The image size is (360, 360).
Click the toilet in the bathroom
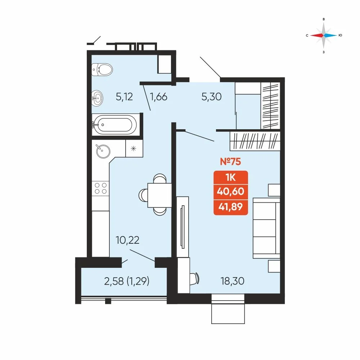(102, 69)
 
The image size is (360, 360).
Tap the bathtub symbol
(114, 125)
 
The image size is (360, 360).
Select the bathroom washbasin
(97, 98)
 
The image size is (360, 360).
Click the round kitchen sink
(103, 151)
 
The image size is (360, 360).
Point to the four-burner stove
(100, 189)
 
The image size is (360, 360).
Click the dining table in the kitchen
(159, 195)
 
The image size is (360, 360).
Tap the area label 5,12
(124, 96)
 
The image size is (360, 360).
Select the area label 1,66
(158, 96)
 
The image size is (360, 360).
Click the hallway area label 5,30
(211, 96)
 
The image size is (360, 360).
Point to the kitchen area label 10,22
(127, 240)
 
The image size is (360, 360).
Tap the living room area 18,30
(232, 281)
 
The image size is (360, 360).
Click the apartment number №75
(230, 161)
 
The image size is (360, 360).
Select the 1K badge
(230, 177)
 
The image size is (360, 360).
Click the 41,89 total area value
(230, 207)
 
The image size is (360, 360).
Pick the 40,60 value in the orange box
(230, 191)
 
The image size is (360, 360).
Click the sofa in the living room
(266, 228)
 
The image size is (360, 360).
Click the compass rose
(324, 35)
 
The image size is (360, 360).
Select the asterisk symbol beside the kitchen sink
(134, 149)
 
